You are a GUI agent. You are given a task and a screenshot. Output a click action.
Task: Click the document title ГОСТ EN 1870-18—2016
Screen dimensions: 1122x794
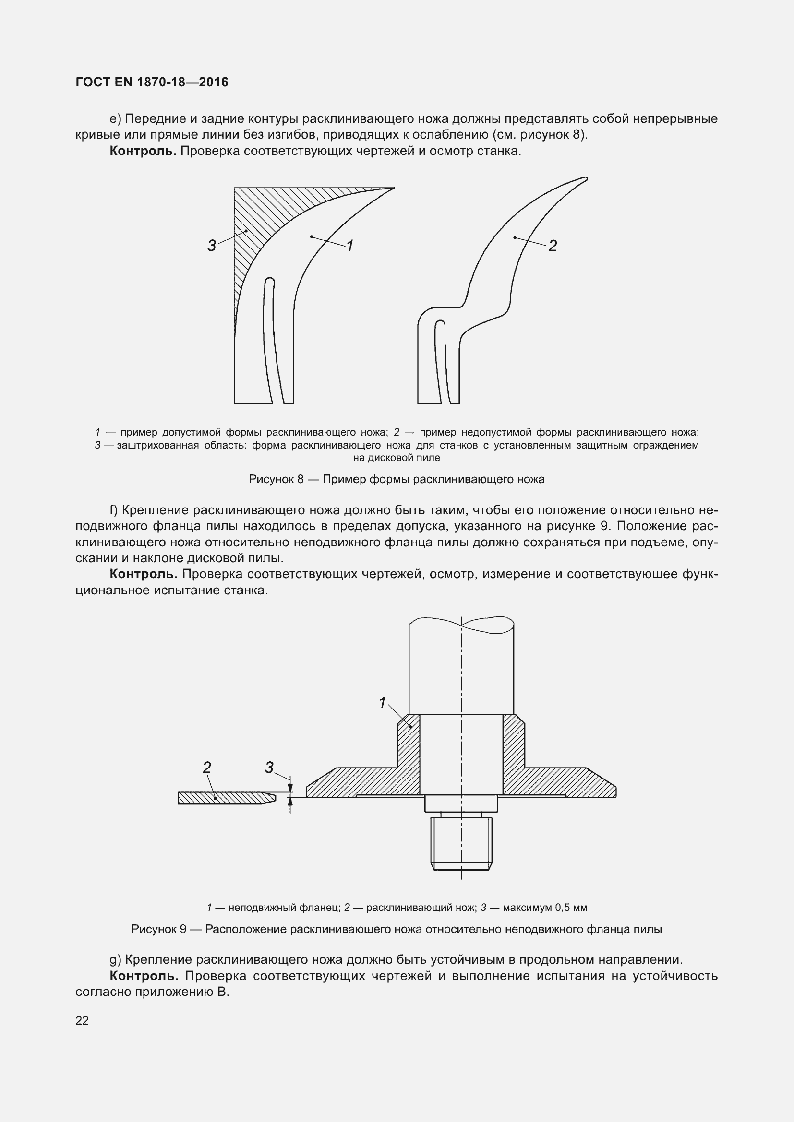[x=152, y=82]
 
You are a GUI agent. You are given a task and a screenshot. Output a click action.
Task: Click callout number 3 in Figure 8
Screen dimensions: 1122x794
[x=211, y=246]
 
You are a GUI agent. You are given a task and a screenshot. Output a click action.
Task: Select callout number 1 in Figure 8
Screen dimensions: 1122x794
[x=349, y=246]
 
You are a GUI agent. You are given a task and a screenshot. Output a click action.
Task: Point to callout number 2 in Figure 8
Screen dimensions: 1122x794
[x=553, y=246]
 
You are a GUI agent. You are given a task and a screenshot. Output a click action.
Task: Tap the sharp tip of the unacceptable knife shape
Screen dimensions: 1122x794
[x=585, y=179]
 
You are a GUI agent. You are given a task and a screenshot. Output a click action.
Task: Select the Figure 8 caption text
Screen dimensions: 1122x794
[x=397, y=479]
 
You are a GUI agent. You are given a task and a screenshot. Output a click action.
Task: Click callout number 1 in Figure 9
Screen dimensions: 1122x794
[x=382, y=703]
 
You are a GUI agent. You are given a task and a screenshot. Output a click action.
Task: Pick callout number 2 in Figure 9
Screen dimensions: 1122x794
[x=207, y=768]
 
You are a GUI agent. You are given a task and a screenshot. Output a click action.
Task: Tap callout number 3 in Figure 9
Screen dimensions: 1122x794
[x=269, y=768]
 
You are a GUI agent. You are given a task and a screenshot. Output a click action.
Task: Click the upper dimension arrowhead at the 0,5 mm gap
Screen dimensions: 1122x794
[x=290, y=788]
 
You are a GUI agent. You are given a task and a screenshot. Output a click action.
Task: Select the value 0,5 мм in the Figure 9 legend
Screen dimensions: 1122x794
[x=571, y=908]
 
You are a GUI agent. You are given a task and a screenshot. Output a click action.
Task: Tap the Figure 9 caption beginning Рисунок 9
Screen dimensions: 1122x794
[x=397, y=929]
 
